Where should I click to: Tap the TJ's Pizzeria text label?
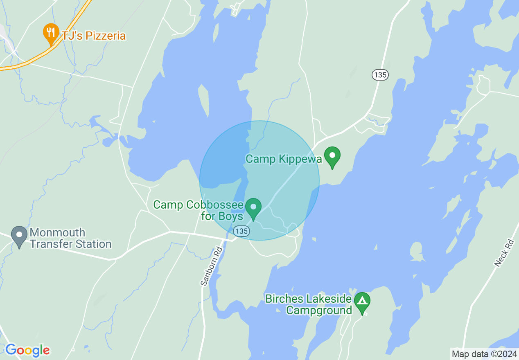[93, 36]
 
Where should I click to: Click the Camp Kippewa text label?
[284, 159]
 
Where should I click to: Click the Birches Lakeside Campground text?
[309, 305]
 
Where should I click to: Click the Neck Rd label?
[504, 253]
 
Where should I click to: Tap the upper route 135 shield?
[380, 75]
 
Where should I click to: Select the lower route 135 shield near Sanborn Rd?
[241, 232]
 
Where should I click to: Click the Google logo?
[27, 350]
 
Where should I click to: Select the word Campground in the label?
[319, 310]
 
